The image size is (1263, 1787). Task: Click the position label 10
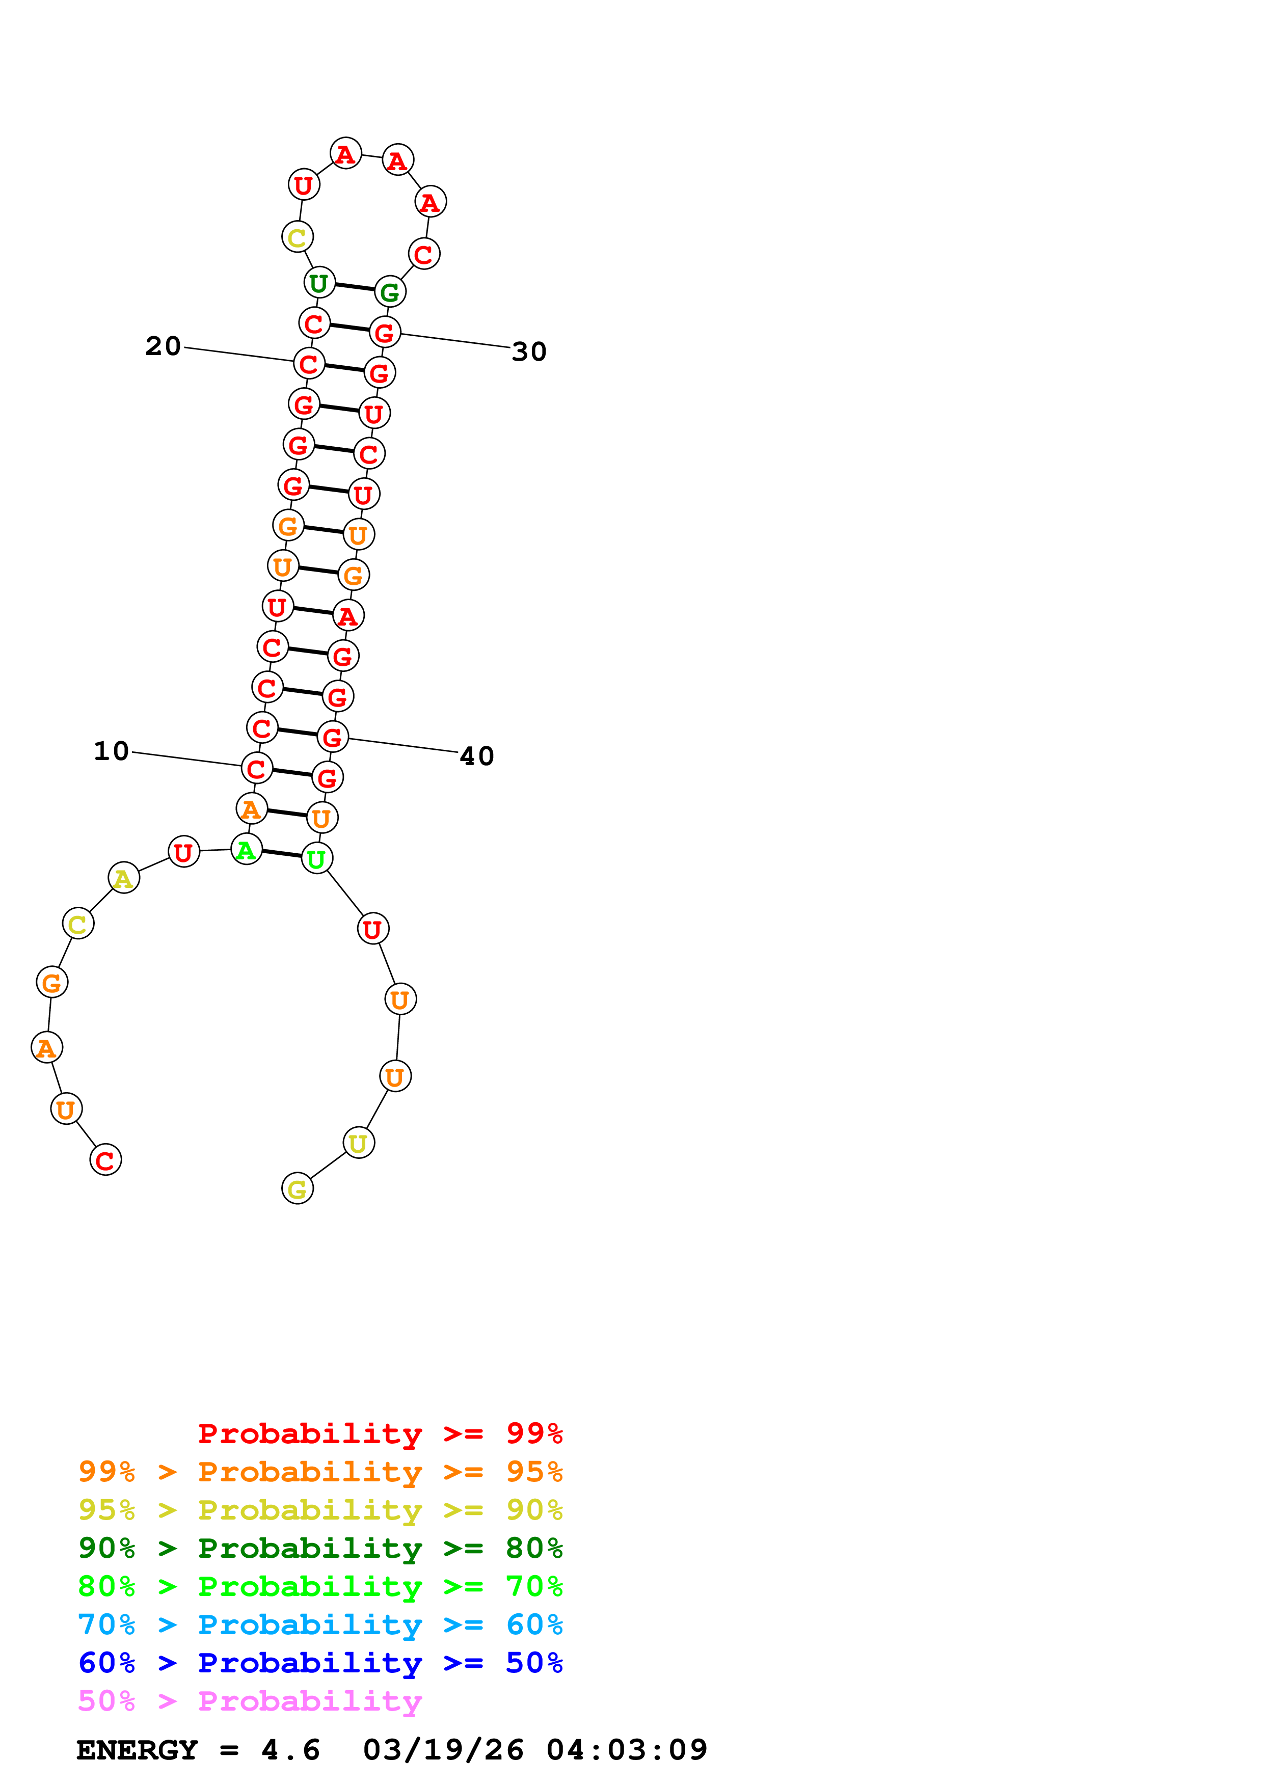111,751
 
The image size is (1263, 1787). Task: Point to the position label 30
529,352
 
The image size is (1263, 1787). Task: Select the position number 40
477,756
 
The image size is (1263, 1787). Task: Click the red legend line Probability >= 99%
380,1433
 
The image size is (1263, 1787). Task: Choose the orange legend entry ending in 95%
320,1472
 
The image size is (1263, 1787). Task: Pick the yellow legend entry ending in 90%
320,1510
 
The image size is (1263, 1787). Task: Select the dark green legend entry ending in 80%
320,1548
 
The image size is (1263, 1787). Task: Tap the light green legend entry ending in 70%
320,1586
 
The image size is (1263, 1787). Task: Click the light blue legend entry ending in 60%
320,1624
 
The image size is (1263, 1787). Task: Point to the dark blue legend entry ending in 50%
320,1663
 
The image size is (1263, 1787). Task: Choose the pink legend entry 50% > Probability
249,1700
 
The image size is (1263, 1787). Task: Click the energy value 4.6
290,1750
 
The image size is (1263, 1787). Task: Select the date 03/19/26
443,1750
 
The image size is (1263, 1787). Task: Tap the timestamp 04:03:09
627,1750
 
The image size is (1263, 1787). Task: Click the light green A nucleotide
247,850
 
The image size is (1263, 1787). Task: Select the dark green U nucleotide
319,283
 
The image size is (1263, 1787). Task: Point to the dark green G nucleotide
390,292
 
